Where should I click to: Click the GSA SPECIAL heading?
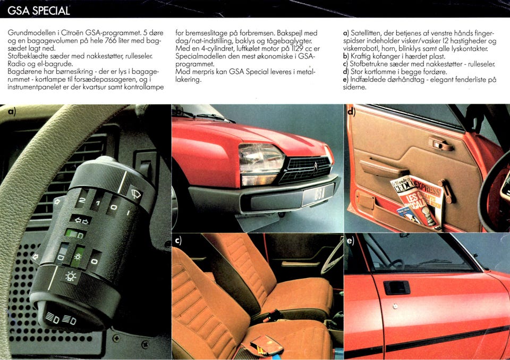38,11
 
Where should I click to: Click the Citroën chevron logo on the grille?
316,168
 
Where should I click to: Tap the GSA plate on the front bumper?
318,195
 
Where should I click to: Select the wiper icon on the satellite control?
135,194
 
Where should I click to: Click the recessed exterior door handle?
396,288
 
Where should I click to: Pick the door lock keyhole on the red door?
395,306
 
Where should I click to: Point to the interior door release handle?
441,144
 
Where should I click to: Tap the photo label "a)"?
12,112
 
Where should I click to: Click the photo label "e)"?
350,241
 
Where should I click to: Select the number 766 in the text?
110,41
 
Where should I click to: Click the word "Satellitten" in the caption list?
365,33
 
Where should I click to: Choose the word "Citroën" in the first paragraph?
73,33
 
